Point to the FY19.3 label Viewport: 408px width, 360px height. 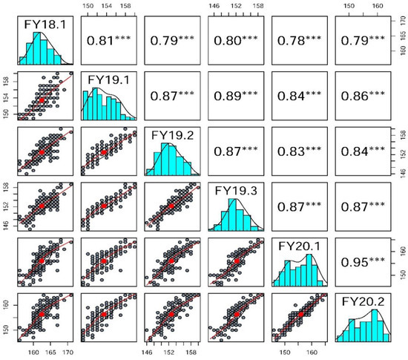coord(236,190)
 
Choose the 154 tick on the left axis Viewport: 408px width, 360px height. coord(7,96)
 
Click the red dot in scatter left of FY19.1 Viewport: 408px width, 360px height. coord(42,99)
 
